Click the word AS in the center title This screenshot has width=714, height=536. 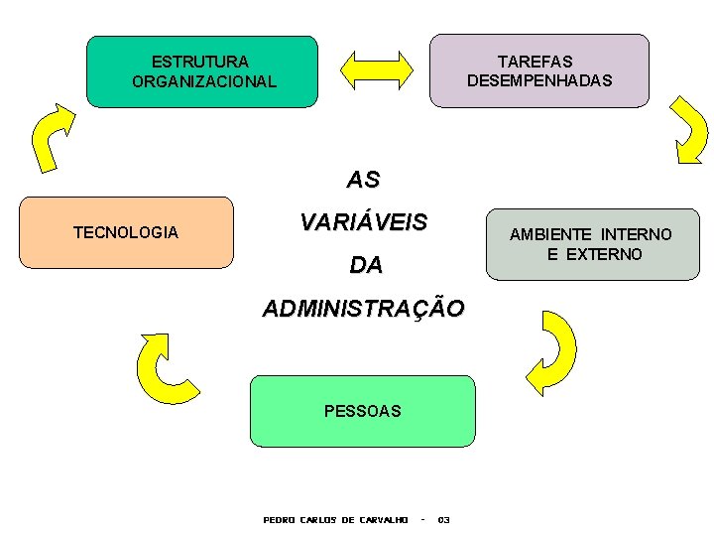[x=363, y=181]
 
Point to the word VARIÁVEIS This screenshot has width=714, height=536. [x=363, y=222]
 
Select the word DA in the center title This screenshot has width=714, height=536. [x=365, y=266]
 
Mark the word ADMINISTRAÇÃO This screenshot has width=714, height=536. [x=362, y=309]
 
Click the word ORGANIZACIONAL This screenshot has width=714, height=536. [x=203, y=81]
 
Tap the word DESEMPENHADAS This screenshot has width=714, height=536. [x=539, y=80]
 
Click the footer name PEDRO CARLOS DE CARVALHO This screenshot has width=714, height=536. [x=335, y=519]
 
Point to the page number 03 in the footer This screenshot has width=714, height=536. [x=443, y=519]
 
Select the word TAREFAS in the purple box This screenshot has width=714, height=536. [x=535, y=62]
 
